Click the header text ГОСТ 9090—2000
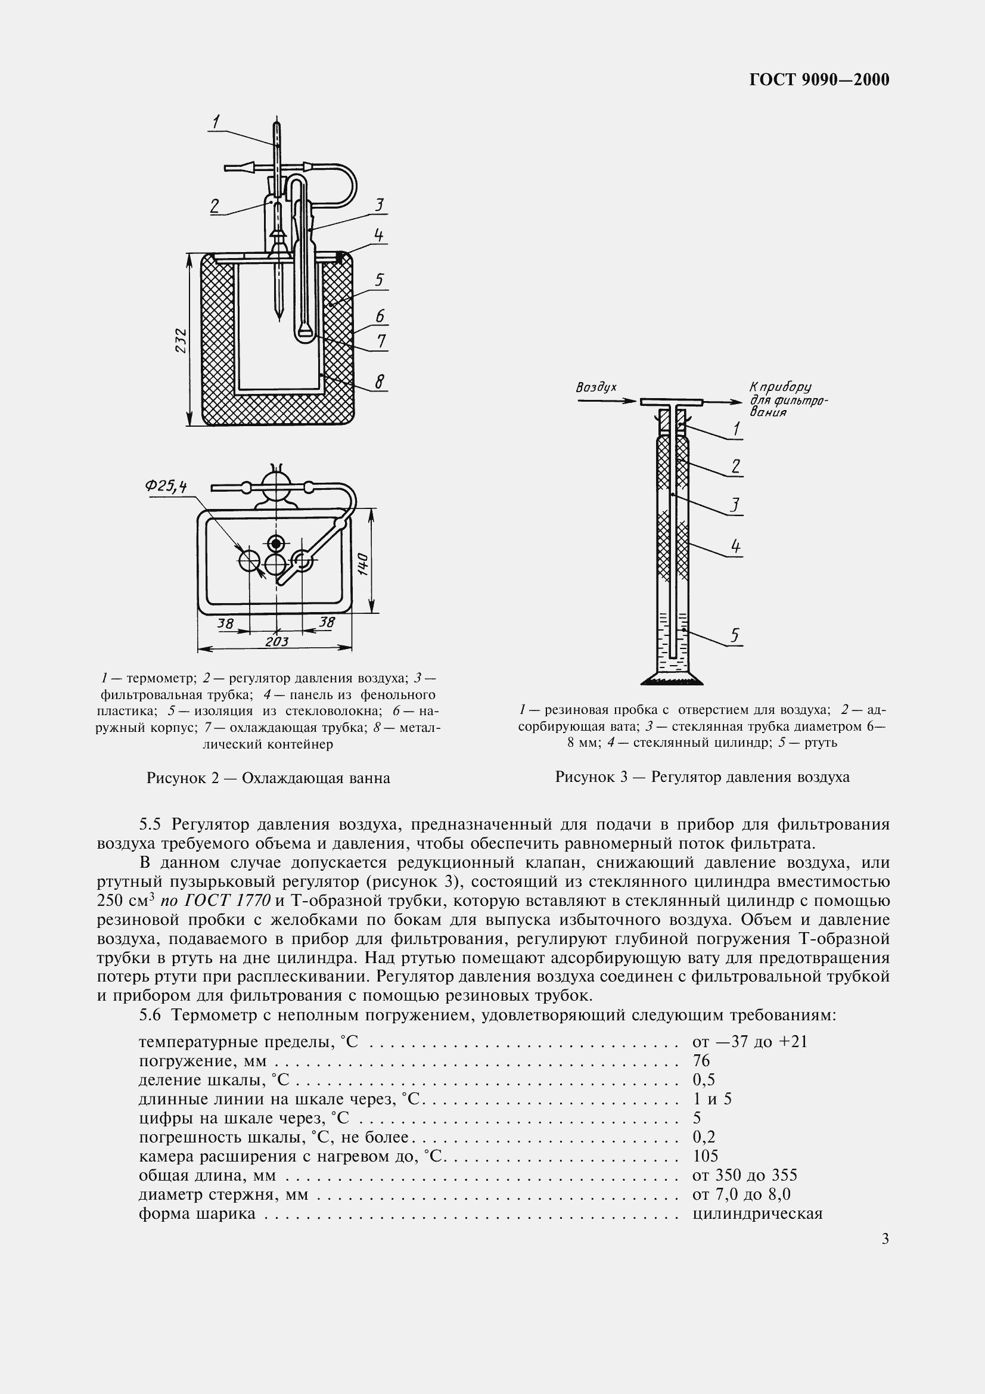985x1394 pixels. point(819,79)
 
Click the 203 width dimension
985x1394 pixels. point(276,641)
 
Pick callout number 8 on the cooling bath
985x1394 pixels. point(380,381)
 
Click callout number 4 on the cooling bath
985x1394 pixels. point(379,235)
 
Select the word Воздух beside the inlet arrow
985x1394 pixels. point(596,387)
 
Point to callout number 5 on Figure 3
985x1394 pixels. point(735,635)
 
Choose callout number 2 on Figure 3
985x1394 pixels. point(735,466)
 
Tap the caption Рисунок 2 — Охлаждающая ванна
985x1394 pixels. point(268,778)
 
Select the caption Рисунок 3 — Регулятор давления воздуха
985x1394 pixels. point(702,777)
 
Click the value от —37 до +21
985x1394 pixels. point(750,1042)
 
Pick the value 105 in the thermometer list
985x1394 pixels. point(704,1156)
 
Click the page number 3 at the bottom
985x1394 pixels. point(885,1239)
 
